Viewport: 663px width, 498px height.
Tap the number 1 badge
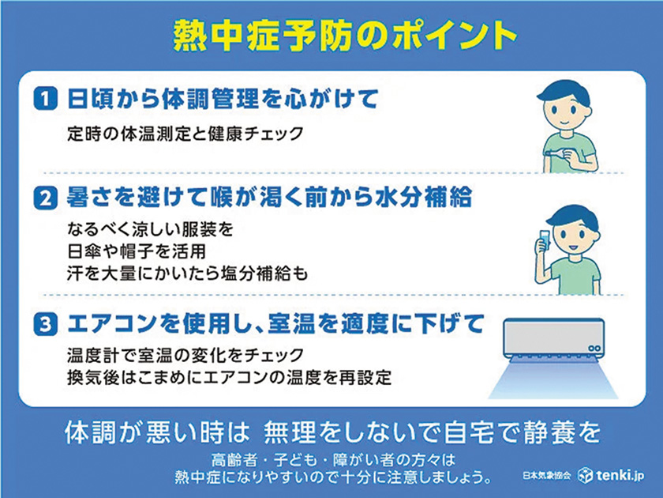pos(45,99)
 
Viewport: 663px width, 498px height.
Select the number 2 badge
pos(45,198)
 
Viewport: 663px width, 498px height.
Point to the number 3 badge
pos(45,324)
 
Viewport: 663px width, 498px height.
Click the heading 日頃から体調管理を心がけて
pos(223,99)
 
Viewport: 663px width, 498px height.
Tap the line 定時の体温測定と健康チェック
pos(185,134)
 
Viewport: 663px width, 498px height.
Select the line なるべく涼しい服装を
pos(150,229)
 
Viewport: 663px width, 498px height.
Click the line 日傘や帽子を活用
pos(136,251)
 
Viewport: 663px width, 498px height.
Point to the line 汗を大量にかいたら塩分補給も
pos(187,274)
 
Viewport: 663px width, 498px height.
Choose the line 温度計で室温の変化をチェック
pos(185,355)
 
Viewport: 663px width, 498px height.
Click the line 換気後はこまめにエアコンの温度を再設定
pos(229,377)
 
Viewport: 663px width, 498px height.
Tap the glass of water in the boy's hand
pos(544,239)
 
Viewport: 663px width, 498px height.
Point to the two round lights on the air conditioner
pos(594,348)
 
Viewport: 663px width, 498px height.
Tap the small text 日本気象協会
pos(547,476)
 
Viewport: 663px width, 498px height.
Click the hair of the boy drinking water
pos(572,217)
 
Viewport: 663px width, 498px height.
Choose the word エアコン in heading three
pos(112,324)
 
